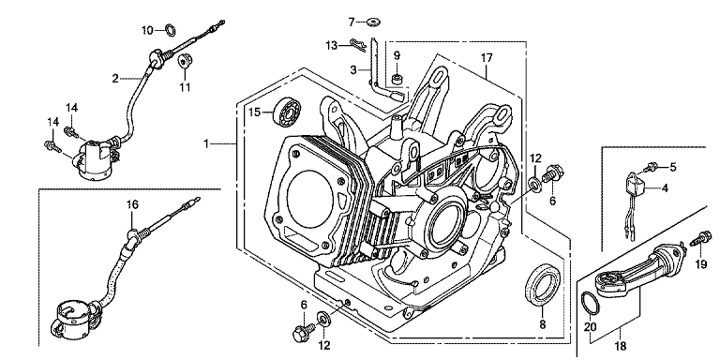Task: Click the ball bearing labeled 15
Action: tap(285, 112)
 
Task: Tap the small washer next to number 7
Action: tap(374, 22)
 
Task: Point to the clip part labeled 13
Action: tap(358, 45)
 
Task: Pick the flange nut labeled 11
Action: tap(185, 61)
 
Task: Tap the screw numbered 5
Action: tap(651, 167)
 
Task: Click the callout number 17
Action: tap(487, 58)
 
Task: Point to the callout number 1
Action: tap(206, 144)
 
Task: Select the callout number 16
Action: tap(132, 204)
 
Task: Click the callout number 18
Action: tap(621, 346)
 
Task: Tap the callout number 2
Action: tap(115, 79)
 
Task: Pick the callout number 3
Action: tap(353, 70)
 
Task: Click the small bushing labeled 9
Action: tap(397, 81)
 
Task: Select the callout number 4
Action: tap(665, 187)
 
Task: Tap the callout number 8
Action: tap(542, 324)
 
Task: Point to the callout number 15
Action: tap(255, 112)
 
